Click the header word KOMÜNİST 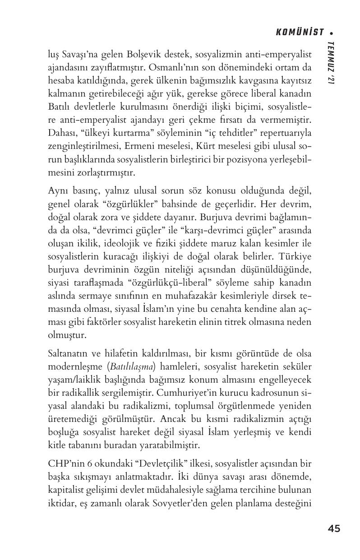[x=300, y=32]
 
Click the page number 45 [x=334, y=528]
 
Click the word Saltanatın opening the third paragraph [x=67, y=353]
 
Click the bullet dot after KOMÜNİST [x=332, y=32]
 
